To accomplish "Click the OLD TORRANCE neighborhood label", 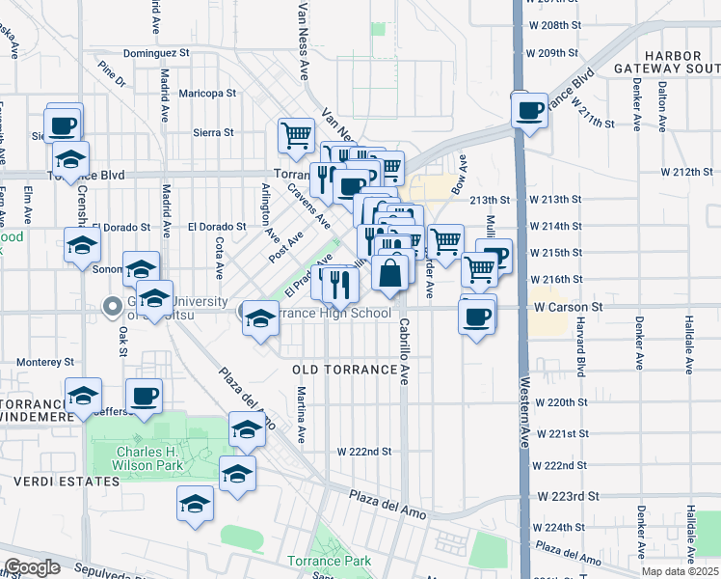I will tap(345, 370).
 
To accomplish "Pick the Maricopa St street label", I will tap(207, 94).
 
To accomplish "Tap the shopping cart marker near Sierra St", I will tap(296, 135).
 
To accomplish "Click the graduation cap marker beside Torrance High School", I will tap(259, 317).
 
